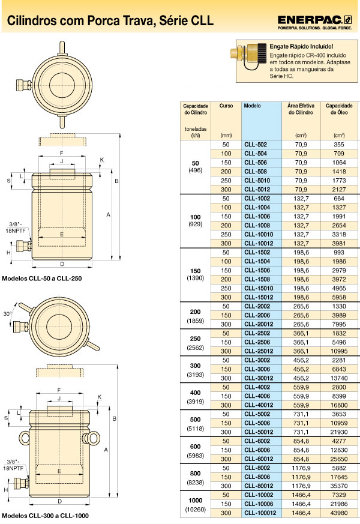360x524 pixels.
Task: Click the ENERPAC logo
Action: click(x=314, y=22)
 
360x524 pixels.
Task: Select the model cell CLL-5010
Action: click(x=257, y=181)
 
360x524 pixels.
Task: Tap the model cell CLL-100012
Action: click(x=260, y=513)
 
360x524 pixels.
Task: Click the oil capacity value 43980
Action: click(x=339, y=513)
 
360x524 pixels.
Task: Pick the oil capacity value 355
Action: click(x=339, y=145)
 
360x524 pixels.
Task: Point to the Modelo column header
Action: click(x=252, y=106)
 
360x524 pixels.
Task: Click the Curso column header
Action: click(x=226, y=106)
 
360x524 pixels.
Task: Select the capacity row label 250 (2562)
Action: click(x=196, y=343)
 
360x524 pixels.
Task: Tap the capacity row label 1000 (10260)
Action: click(x=196, y=505)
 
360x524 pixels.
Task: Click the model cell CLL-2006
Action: click(x=257, y=315)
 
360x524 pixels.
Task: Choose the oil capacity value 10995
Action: click(x=339, y=351)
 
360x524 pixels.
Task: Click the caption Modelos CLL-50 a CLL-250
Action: click(x=42, y=279)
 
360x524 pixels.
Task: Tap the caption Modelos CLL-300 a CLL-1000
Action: click(x=45, y=516)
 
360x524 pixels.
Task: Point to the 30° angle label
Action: click(x=7, y=314)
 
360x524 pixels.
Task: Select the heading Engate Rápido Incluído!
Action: click(x=301, y=46)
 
